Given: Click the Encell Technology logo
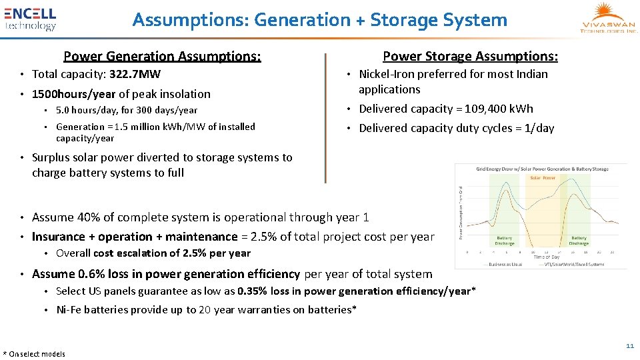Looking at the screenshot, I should point(31,19).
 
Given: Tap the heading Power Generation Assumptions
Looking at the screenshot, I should point(162,57).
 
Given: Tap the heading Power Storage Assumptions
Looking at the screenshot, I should point(470,57).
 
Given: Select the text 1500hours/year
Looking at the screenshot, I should point(73,94).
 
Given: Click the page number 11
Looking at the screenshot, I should point(629,345).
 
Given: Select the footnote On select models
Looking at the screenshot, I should point(37,354).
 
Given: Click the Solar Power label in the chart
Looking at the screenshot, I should point(543,178).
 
